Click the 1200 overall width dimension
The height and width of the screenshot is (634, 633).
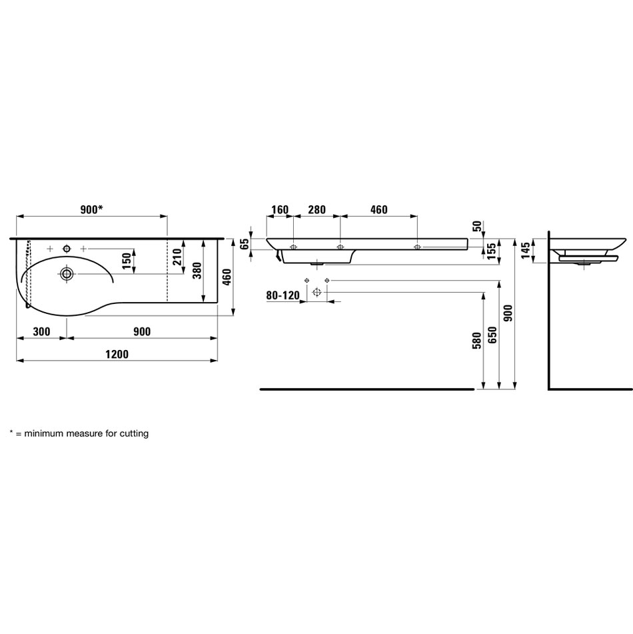[x=117, y=354]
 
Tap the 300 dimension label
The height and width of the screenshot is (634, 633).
[x=41, y=331]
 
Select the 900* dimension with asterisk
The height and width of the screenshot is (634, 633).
[x=92, y=209]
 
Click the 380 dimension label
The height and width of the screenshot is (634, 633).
[x=197, y=271]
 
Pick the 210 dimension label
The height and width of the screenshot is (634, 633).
[x=177, y=257]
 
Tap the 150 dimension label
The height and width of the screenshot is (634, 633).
[x=127, y=261]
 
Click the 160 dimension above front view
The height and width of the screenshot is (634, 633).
[x=280, y=209]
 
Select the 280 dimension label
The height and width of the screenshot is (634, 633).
[x=317, y=209]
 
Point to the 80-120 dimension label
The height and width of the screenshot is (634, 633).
[x=283, y=295]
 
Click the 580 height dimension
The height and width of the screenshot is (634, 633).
[x=477, y=341]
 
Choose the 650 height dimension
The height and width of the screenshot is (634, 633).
[x=492, y=335]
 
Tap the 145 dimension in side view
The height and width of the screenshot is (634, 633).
[x=526, y=251]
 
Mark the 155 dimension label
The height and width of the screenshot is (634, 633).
[x=492, y=251]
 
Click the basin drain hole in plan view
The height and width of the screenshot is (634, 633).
[x=67, y=274]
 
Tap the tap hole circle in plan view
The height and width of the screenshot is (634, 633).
[x=67, y=248]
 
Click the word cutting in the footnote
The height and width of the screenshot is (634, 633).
[x=134, y=434]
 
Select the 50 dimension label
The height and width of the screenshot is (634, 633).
[x=477, y=226]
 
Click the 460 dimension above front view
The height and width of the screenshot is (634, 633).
[x=378, y=209]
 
